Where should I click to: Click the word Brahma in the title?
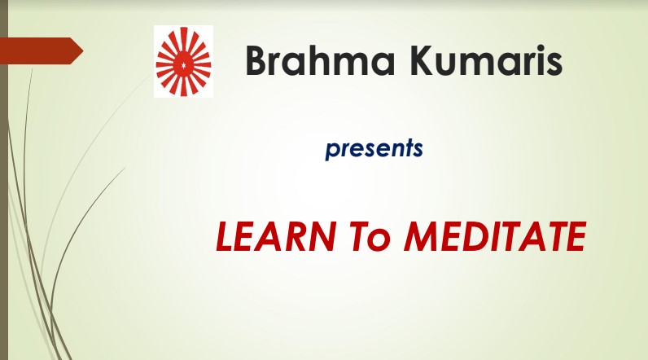[x=320, y=61]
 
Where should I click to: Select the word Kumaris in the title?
[x=487, y=61]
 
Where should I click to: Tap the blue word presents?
[x=374, y=148]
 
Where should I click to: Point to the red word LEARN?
[x=276, y=236]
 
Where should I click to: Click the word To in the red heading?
[x=370, y=236]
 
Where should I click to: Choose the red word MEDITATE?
[x=495, y=236]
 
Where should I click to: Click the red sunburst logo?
[x=183, y=62]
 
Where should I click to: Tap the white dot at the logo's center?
[x=183, y=64]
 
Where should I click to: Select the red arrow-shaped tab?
[x=42, y=50]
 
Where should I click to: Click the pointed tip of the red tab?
[x=83, y=50]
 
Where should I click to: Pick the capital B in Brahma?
[x=257, y=61]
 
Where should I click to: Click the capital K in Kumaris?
[x=423, y=61]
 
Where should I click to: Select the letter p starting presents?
[x=332, y=151]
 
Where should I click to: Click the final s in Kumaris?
[x=554, y=65]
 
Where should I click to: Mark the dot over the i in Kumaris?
[x=535, y=48]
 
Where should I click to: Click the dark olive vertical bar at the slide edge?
[x=4, y=180]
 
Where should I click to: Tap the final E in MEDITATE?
[x=575, y=236]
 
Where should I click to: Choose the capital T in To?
[x=361, y=236]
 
